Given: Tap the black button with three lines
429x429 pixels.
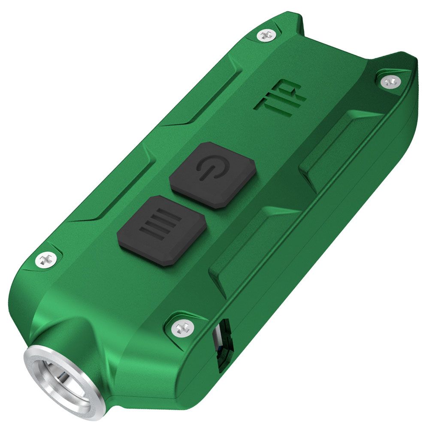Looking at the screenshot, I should click(161, 230).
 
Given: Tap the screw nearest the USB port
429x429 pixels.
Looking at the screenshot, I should click(178, 329).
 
